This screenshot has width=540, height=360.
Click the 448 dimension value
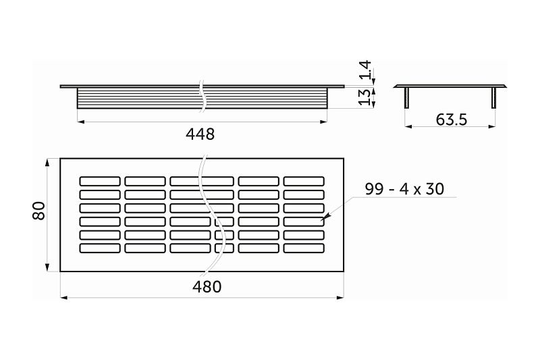click(x=200, y=134)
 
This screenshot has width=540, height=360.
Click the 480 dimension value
click(x=207, y=286)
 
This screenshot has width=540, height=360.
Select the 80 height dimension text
click(x=38, y=211)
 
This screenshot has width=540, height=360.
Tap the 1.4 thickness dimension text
click(x=365, y=70)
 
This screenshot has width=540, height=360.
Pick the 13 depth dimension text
click(x=365, y=97)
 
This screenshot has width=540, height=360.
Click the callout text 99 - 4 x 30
click(x=404, y=189)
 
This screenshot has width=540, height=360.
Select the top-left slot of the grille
click(x=100, y=181)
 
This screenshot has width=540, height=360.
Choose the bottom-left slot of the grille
click(x=100, y=249)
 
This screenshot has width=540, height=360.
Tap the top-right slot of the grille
click(x=303, y=181)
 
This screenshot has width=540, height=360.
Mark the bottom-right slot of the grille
click(x=303, y=249)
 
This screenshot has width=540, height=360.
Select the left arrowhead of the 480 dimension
click(x=63, y=296)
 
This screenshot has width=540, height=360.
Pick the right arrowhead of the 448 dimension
click(x=325, y=122)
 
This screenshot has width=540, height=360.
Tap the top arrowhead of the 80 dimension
click(x=48, y=162)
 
